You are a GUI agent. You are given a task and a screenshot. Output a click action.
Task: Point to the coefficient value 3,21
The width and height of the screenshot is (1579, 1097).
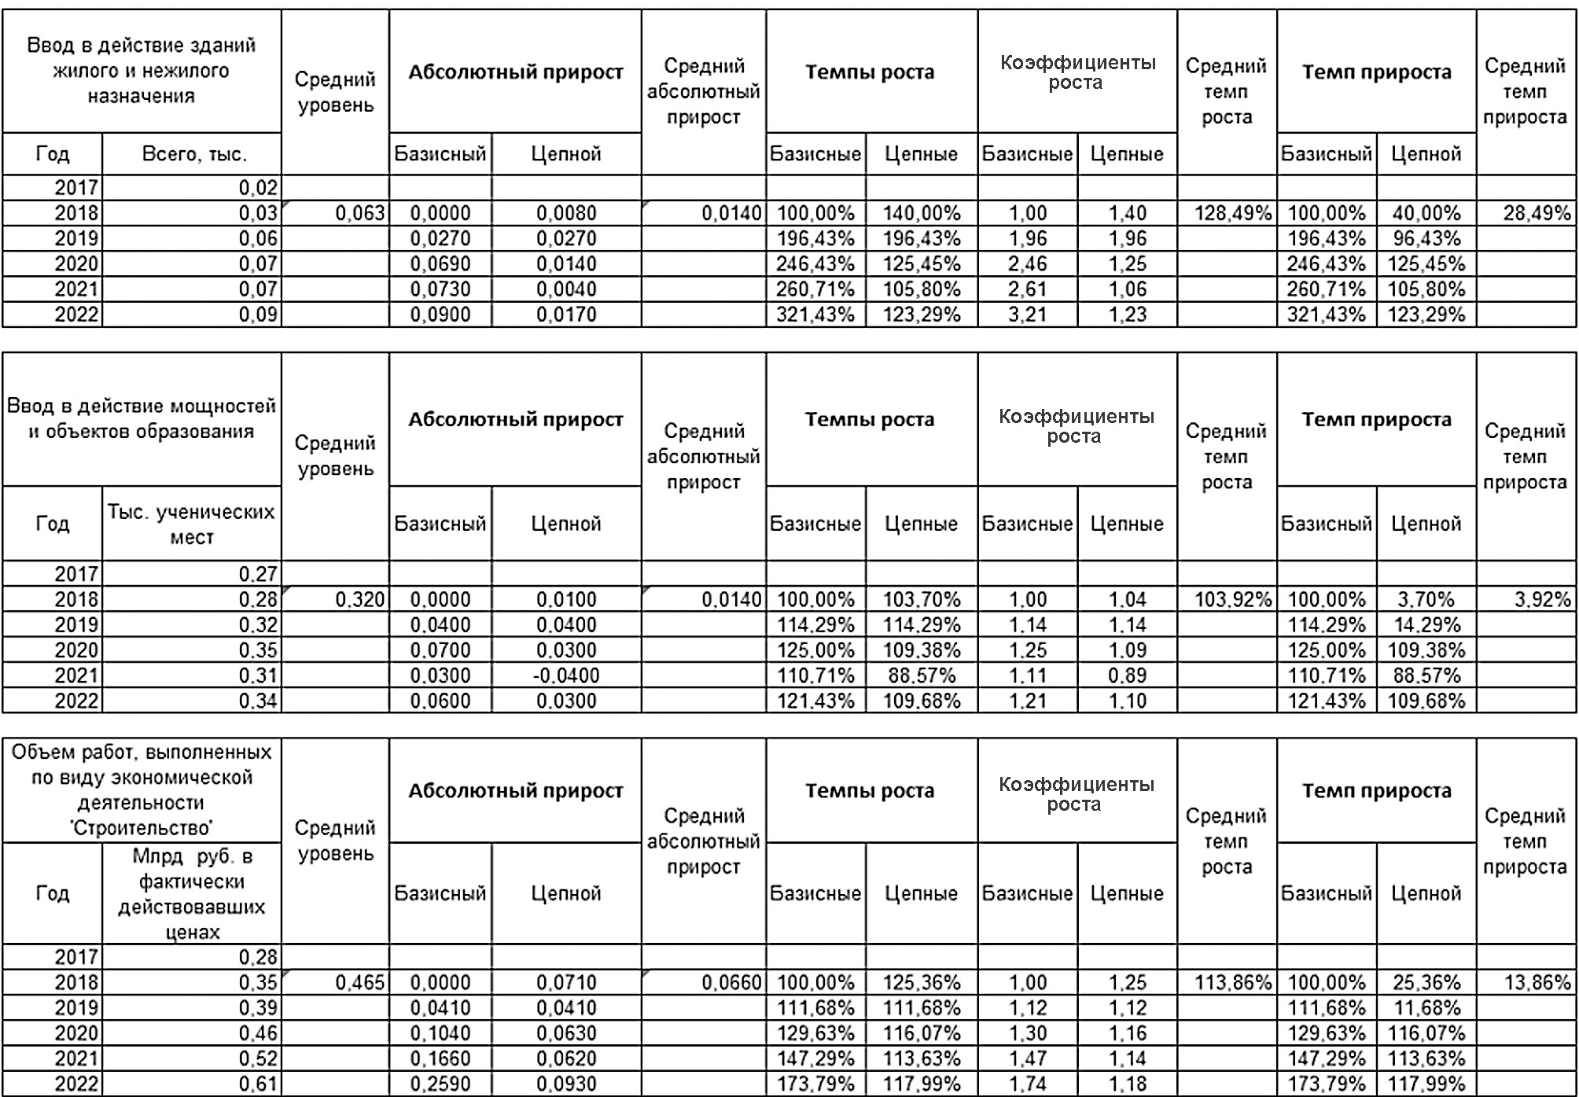pos(1027,315)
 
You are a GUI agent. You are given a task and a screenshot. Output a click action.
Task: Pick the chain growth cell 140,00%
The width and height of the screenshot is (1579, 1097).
pos(921,213)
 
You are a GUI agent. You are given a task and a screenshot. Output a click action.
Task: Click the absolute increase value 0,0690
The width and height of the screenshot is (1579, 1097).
pos(440,263)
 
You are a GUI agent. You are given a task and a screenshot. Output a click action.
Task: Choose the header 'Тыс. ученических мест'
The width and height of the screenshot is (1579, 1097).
pos(192,524)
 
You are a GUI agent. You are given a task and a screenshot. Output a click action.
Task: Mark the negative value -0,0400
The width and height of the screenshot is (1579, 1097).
pos(566,676)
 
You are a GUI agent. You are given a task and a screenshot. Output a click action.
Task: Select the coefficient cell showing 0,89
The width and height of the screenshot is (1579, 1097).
pos(1127,676)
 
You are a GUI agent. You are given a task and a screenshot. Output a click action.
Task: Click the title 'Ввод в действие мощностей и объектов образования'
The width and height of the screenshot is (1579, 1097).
pos(142,418)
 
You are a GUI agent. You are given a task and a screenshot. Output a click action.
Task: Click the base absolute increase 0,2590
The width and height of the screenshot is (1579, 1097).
pos(440,1084)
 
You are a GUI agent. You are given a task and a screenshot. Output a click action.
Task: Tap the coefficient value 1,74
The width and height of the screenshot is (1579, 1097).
pos(1027,1084)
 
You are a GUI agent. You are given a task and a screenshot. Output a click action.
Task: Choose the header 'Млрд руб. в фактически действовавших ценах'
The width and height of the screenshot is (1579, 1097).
pos(192,893)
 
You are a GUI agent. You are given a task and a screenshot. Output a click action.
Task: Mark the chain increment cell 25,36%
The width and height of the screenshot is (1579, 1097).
pos(1425,982)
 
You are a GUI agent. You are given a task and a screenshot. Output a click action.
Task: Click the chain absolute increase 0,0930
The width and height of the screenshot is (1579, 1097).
pos(566,1084)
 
